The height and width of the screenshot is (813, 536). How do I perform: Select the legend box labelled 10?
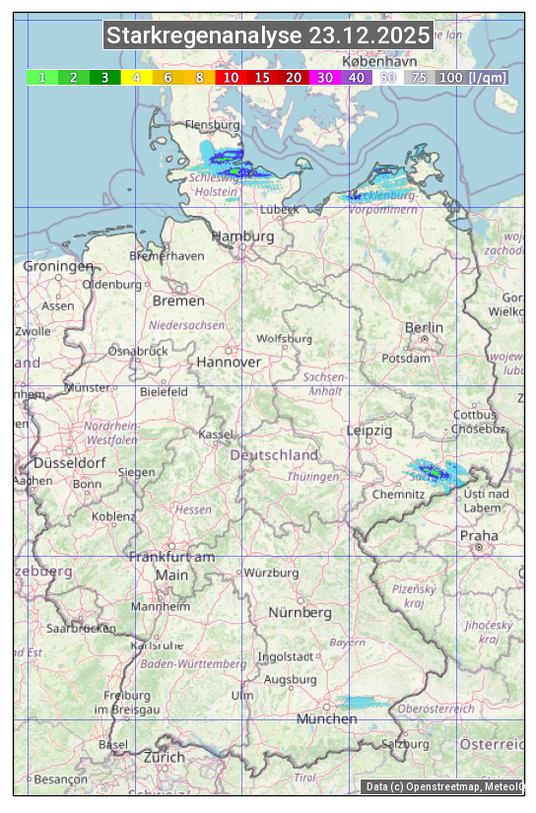tap(231, 77)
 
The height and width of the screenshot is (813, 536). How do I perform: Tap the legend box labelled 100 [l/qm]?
tap(473, 77)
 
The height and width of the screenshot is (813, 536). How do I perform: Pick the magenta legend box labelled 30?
tap(325, 77)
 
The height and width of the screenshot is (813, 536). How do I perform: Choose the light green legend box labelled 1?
tap(42, 77)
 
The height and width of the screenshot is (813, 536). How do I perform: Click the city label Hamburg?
tap(243, 237)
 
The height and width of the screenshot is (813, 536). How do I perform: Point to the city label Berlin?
tap(424, 327)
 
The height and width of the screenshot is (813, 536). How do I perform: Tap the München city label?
tap(326, 719)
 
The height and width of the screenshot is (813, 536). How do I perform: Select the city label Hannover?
tap(229, 362)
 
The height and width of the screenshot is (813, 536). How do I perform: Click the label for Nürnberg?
tap(301, 612)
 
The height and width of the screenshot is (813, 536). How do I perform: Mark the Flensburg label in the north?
tap(213, 126)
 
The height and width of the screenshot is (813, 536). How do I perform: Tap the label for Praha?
tap(479, 535)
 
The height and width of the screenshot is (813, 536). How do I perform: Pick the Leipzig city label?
tap(369, 431)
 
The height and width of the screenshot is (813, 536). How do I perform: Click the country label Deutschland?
tap(274, 455)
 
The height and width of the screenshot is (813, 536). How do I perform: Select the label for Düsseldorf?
tap(70, 463)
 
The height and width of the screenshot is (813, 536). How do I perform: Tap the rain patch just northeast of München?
tap(363, 703)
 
